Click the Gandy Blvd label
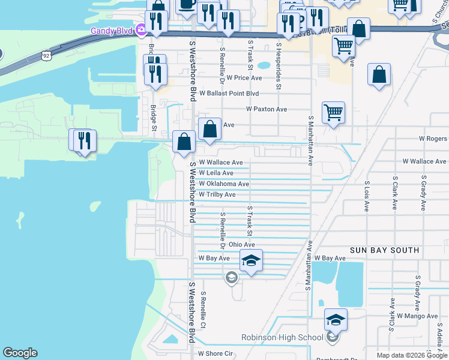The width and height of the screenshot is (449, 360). [x=112, y=30]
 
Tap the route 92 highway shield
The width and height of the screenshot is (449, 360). [x=46, y=55]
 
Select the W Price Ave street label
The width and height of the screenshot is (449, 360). [x=240, y=78]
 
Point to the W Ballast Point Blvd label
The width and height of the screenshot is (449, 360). [x=229, y=94]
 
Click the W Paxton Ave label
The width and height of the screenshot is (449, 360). [x=267, y=109]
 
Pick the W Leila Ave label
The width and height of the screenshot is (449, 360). [x=215, y=173]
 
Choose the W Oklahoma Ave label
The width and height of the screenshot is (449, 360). [x=223, y=184]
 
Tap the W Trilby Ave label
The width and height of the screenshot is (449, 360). [x=217, y=194]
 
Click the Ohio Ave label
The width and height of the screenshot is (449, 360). [x=241, y=245]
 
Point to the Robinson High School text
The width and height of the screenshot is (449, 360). [x=282, y=337]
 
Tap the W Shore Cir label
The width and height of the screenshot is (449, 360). [x=215, y=354]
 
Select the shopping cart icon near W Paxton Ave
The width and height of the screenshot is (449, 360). [x=333, y=112]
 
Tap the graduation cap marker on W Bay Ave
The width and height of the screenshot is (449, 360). [x=251, y=261]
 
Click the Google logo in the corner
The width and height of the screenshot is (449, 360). [x=20, y=353]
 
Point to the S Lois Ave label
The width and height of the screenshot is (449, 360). [x=366, y=197]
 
